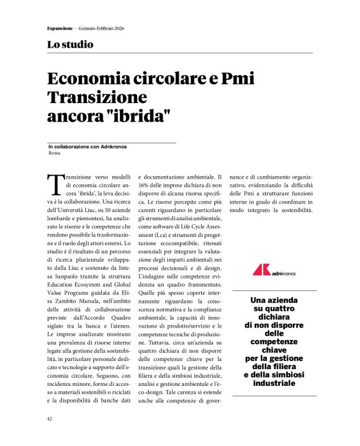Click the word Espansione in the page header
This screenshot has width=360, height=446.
(60, 29)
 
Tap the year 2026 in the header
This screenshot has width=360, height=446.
(119, 29)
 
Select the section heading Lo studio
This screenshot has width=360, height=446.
(70, 45)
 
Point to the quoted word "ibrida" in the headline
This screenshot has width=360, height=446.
(138, 115)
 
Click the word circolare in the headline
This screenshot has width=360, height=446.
(164, 80)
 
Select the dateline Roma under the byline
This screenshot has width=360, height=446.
(54, 153)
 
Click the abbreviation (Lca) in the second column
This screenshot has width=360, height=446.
(165, 237)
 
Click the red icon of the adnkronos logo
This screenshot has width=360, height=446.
(261, 270)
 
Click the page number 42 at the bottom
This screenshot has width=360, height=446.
(50, 419)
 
